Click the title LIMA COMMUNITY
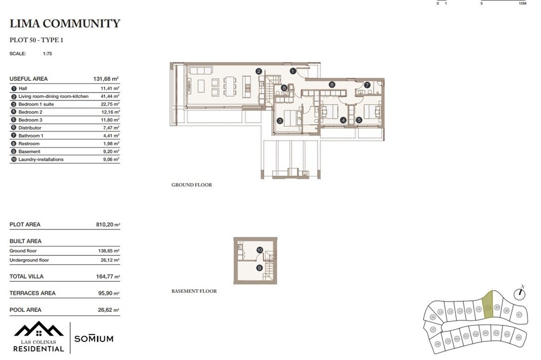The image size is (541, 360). pos(65,23)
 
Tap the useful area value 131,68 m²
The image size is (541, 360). pos(106,79)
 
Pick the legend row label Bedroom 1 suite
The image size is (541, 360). pos(36,105)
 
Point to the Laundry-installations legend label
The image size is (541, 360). pos(41,159)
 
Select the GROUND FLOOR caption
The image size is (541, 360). pos(192,185)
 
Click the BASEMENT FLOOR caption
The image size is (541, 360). pos(194,291)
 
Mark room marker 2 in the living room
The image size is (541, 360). pos(258,71)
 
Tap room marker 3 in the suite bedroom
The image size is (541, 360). pos(280,121)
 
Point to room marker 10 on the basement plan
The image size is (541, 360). pos(259,250)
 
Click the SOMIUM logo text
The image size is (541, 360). pos(94,339)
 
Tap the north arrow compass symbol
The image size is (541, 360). pos(522,290)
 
